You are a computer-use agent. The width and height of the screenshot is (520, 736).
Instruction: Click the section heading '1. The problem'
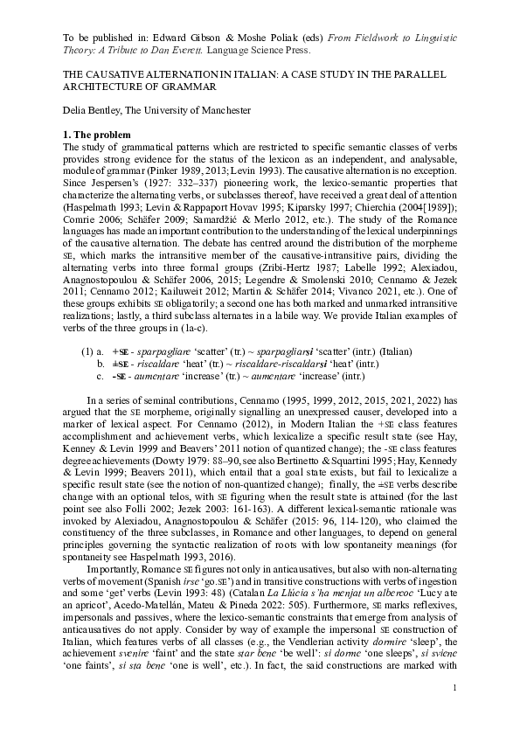tap(98, 135)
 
